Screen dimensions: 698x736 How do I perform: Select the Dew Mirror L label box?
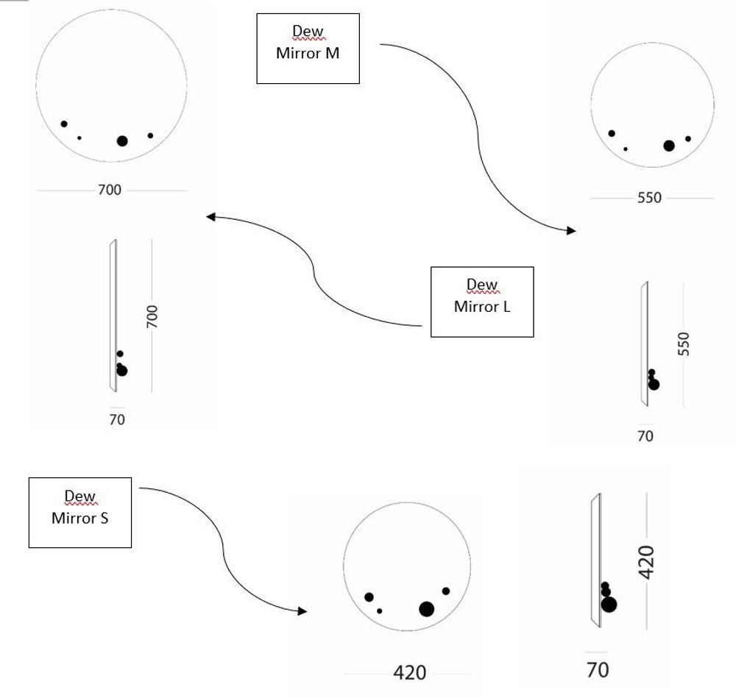click(481, 302)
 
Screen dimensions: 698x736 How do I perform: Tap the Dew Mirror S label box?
click(79, 512)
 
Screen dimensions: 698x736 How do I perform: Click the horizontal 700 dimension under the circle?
click(110, 190)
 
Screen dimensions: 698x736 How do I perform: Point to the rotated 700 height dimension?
click(152, 316)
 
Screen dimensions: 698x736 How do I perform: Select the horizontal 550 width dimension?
click(649, 198)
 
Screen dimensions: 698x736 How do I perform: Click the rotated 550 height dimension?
click(684, 344)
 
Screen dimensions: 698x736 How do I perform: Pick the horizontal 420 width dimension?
click(410, 672)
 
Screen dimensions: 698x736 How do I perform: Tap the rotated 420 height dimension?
click(645, 562)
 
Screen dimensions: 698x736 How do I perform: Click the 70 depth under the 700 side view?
click(117, 420)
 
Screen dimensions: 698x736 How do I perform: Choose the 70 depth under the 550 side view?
click(645, 436)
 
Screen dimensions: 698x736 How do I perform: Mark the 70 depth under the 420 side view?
click(598, 670)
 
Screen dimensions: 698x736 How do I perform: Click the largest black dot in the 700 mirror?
click(122, 141)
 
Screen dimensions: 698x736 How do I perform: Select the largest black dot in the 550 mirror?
click(668, 146)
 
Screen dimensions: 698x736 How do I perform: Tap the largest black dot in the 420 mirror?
click(426, 609)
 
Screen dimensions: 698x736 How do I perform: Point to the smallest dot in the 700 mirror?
click(79, 138)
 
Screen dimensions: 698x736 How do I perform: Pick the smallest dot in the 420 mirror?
click(380, 610)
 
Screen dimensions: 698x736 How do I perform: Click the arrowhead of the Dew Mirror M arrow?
click(572, 231)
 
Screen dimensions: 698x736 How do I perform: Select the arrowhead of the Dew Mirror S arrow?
click(302, 611)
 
